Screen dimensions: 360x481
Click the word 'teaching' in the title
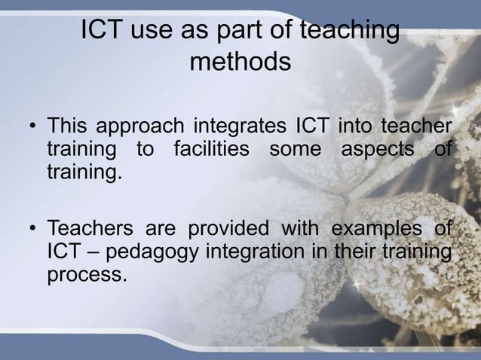click(349, 32)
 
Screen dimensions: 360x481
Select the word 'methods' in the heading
click(240, 62)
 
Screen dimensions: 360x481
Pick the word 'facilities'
click(211, 148)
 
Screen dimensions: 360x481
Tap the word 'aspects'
click(378, 148)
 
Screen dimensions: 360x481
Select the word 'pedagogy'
click(153, 252)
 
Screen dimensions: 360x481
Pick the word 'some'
click(295, 148)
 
